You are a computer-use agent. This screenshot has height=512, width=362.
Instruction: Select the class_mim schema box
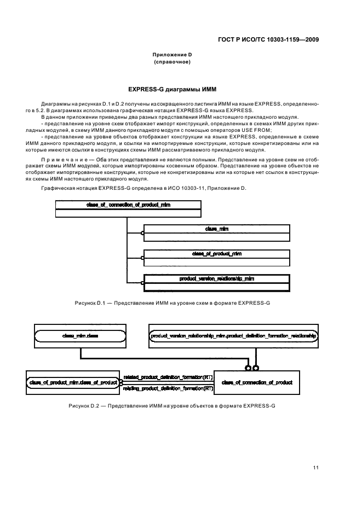pos(216,233)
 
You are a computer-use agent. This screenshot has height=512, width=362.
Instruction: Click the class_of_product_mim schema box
pos(216,258)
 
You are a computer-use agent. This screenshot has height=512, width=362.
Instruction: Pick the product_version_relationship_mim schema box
pos(216,283)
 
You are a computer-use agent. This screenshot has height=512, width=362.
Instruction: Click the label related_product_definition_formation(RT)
pos(168,377)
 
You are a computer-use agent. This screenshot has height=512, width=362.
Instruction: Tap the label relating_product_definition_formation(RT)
pos(168,388)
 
